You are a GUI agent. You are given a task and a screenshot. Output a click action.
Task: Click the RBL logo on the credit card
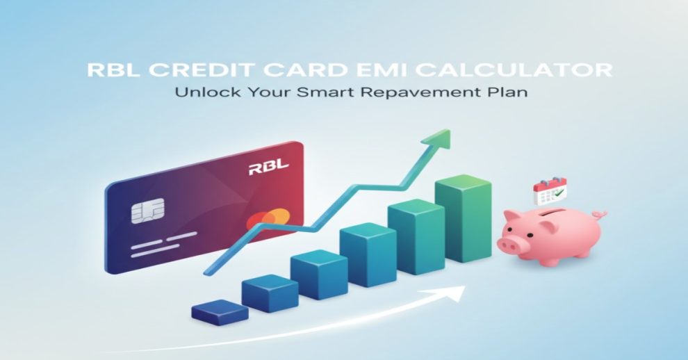tap(268, 167)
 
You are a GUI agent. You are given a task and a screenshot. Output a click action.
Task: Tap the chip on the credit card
tap(148, 211)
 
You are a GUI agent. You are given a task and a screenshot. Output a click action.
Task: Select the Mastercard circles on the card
tap(268, 220)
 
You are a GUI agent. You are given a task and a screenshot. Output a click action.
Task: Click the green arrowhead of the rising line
tap(437, 140)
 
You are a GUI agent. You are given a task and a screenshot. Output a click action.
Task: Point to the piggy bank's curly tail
tap(599, 215)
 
